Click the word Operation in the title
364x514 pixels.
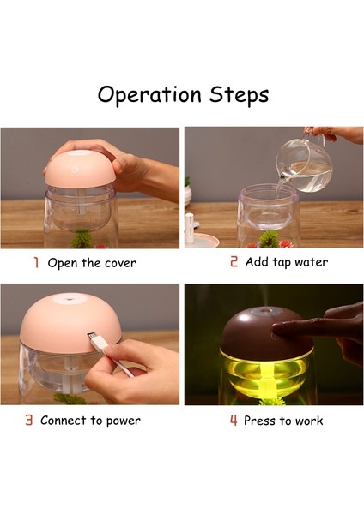pyautogui.click(x=149, y=95)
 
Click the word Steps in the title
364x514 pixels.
pyautogui.click(x=239, y=95)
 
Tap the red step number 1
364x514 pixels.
pyautogui.click(x=36, y=262)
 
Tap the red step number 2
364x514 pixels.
pyautogui.click(x=234, y=261)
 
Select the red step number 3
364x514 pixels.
pyautogui.click(x=29, y=420)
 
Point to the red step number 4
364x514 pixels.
pyautogui.click(x=234, y=420)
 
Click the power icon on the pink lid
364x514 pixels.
pyautogui.click(x=75, y=170)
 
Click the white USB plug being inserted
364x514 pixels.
pyautogui.click(x=97, y=342)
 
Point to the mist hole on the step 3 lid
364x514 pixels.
pyautogui.click(x=69, y=299)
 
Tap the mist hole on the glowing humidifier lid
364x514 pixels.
pyautogui.click(x=264, y=310)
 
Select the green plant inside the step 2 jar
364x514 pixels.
pyautogui.click(x=269, y=239)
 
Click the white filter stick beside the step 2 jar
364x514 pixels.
pyautogui.click(x=189, y=230)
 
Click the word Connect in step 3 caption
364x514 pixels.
pyautogui.click(x=64, y=421)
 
